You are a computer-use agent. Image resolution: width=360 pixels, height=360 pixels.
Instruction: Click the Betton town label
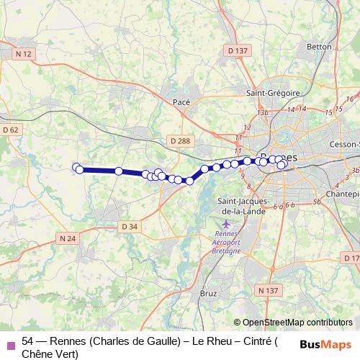pyautogui.click(x=319, y=47)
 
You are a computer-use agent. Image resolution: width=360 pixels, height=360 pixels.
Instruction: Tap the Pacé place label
pyautogui.click(x=181, y=102)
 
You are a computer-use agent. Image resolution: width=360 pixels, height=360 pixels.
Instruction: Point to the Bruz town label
pyautogui.click(x=208, y=294)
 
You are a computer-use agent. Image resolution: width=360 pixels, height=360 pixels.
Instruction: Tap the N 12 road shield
pyautogui.click(x=24, y=54)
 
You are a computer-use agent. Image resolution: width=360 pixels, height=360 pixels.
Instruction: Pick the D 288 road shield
pyautogui.click(x=181, y=140)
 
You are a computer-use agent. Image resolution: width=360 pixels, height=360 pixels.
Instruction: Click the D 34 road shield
pyautogui.click(x=129, y=226)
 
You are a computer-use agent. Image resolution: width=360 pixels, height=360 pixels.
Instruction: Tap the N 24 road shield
pyautogui.click(x=68, y=238)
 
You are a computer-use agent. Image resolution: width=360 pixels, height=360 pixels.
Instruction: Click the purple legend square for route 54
pyautogui.click(x=9, y=345)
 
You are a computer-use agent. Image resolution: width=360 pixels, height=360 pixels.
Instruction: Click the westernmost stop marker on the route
pyautogui.click(x=76, y=167)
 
